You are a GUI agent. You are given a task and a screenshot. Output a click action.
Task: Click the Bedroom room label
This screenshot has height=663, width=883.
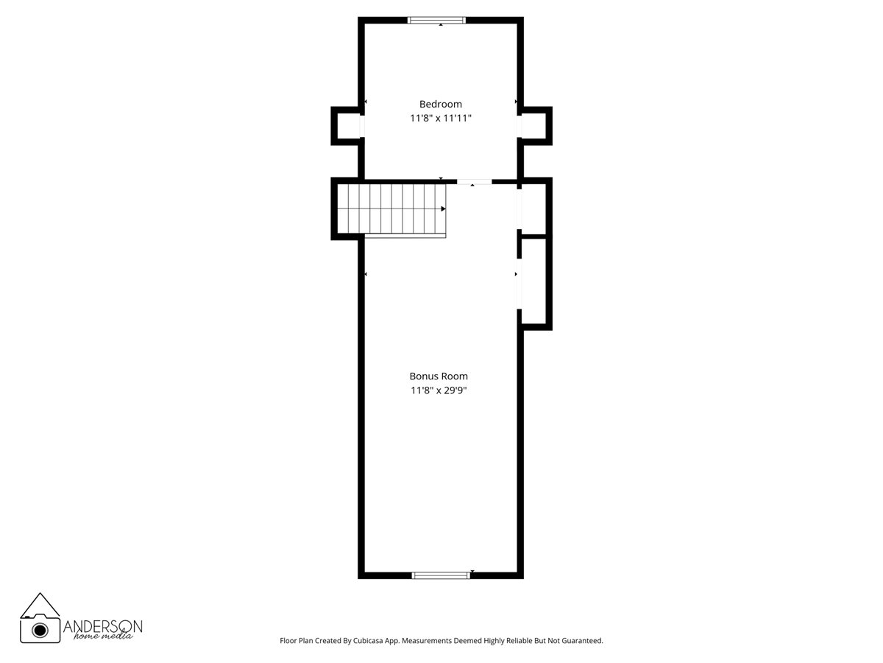pyautogui.click(x=441, y=104)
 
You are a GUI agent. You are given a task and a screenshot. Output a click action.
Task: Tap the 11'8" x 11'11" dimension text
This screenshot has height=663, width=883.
pyautogui.click(x=441, y=118)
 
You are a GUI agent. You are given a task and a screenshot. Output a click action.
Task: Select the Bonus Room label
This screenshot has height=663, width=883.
pyautogui.click(x=439, y=376)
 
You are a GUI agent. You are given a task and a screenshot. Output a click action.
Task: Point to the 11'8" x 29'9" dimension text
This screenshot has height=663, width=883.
pyautogui.click(x=439, y=390)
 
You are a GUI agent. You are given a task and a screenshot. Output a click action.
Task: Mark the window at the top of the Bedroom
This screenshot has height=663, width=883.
pyautogui.click(x=437, y=20)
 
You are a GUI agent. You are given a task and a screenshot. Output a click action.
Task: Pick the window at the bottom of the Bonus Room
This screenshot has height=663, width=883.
pyautogui.click(x=441, y=575)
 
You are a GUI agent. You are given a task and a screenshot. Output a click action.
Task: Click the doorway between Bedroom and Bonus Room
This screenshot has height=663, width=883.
pyautogui.click(x=475, y=181)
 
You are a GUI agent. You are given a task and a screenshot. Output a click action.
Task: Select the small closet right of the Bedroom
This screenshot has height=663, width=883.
pyautogui.click(x=534, y=126)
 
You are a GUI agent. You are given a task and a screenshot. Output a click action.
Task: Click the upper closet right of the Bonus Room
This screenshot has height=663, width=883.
pyautogui.click(x=534, y=208)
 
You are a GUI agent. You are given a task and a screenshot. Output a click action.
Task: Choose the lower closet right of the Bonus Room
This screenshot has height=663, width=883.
pyautogui.click(x=534, y=281)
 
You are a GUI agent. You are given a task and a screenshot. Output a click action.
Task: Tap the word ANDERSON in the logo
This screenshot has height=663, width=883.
pyautogui.click(x=103, y=625)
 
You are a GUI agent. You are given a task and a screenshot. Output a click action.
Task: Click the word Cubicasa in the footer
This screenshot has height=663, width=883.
pyautogui.click(x=382, y=641)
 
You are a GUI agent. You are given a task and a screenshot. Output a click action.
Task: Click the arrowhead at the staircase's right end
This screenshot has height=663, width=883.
pyautogui.click(x=443, y=209)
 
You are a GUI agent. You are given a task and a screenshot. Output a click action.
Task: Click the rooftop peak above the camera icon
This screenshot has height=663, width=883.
pyautogui.click(x=40, y=595)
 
